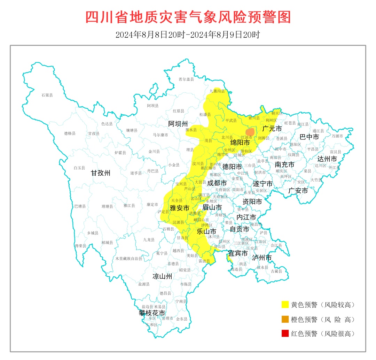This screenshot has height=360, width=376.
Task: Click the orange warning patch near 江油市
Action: [x=250, y=132]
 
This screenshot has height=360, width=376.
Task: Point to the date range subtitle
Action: [x=188, y=35]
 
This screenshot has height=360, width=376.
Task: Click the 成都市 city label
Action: [x=217, y=183]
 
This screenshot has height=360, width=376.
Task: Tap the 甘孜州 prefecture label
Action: [x=101, y=173]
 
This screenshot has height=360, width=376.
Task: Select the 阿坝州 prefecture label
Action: [x=178, y=124]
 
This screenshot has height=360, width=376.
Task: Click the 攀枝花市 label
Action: [x=152, y=313]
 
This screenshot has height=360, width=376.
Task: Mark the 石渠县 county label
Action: [x=47, y=95]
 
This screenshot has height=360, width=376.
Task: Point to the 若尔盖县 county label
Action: [x=186, y=79]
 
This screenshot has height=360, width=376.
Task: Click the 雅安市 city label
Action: [x=179, y=208]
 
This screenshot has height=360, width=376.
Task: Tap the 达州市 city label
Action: [x=327, y=159]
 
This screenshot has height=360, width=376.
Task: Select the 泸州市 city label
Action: [x=261, y=258]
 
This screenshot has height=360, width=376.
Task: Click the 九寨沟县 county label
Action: [x=217, y=91]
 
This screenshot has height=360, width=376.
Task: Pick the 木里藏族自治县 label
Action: [x=129, y=259]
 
